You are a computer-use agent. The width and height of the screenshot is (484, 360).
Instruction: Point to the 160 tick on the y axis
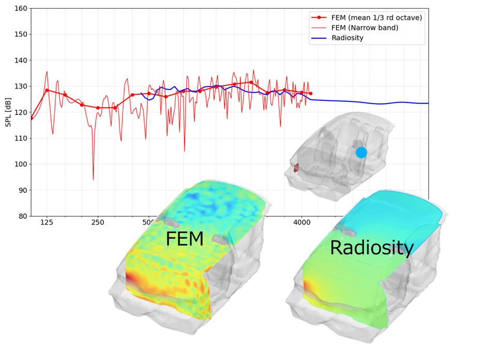[21, 9]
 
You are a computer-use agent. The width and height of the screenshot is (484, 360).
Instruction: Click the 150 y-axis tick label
[21, 35]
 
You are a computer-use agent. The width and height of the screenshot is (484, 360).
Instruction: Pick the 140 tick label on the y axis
[21, 61]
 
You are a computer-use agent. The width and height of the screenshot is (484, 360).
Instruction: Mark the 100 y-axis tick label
[21, 164]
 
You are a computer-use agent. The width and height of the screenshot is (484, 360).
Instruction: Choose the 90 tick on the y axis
[23, 190]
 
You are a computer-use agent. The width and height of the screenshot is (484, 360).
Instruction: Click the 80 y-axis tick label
[23, 216]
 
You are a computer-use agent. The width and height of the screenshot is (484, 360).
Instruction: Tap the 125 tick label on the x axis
[47, 223]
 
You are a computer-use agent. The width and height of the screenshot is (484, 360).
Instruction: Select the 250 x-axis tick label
[98, 223]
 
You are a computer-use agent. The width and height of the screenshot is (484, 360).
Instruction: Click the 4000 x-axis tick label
[302, 223]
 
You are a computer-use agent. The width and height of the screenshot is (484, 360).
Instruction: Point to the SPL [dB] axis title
[9, 112]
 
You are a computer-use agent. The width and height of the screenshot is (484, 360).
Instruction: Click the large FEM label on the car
[184, 239]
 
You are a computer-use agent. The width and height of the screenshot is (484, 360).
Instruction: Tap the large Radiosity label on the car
[371, 248]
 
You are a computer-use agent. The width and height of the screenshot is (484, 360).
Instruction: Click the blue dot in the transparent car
[361, 153]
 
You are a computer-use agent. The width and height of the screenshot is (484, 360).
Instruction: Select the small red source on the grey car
[296, 168]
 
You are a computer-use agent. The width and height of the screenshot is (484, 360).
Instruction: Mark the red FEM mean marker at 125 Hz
[47, 90]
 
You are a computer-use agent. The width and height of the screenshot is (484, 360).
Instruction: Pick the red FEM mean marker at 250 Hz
[98, 108]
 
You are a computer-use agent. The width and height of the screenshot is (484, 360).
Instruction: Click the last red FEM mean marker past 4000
[310, 94]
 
